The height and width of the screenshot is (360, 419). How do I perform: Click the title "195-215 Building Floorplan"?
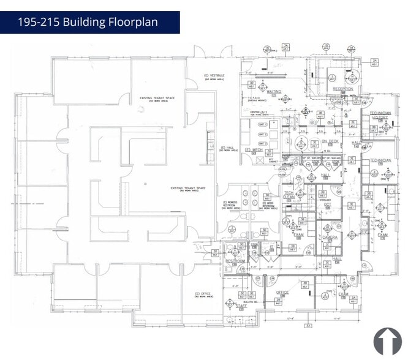coord(88,22)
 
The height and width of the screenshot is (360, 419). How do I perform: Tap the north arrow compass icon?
coord(387,341)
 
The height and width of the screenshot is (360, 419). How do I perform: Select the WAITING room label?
coord(274,92)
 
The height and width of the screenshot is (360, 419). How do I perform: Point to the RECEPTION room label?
coord(343,89)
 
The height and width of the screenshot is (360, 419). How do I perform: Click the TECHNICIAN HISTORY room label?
coord(380,115)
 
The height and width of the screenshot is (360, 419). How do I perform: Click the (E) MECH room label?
coord(253,150)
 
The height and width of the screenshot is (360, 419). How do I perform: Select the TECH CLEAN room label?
coord(289,195)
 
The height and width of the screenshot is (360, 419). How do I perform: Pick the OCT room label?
coord(328,204)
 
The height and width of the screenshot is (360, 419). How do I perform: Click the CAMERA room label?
coord(330,237)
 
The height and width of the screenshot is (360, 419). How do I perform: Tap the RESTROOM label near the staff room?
coord(235,261)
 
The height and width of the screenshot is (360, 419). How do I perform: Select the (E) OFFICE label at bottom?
coord(202,294)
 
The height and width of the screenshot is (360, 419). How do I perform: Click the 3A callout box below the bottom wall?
coord(309,326)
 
